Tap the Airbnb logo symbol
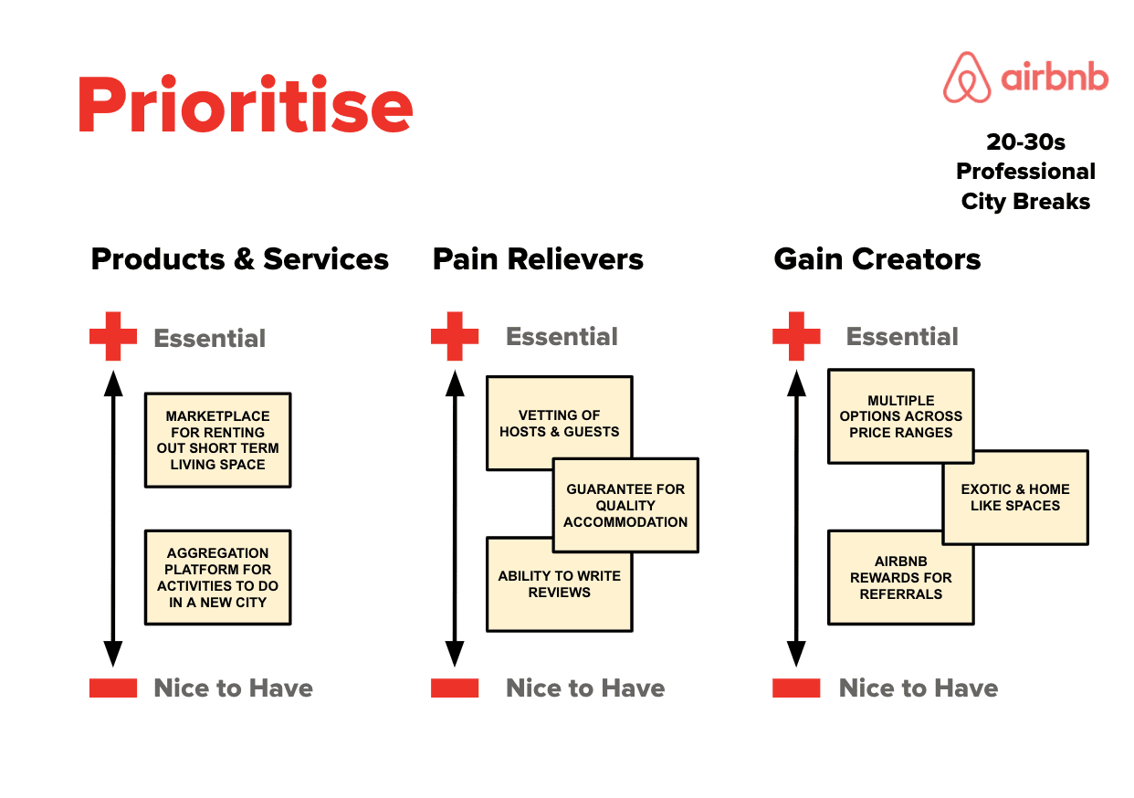[967, 78]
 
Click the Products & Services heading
[240, 259]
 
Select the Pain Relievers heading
[538, 259]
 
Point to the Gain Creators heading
[877, 259]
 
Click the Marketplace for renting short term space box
[217, 440]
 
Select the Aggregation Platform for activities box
[217, 577]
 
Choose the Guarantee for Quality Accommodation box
[625, 505]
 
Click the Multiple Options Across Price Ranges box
[900, 415]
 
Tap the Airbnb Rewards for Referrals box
[900, 577]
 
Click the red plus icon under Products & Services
[113, 336]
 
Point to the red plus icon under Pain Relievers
[455, 336]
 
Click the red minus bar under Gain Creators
[796, 688]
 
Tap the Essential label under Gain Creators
[902, 337]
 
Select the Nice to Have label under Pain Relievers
[585, 688]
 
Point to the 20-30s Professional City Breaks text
[1025, 172]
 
